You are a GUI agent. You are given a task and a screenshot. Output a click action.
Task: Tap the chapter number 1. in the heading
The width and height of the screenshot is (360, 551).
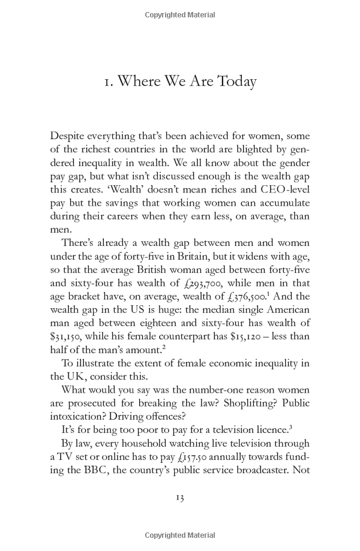click(110, 82)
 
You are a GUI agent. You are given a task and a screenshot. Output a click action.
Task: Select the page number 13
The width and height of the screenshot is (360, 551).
click(179, 497)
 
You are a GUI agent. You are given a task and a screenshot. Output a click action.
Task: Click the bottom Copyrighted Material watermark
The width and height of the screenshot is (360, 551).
click(179, 534)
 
